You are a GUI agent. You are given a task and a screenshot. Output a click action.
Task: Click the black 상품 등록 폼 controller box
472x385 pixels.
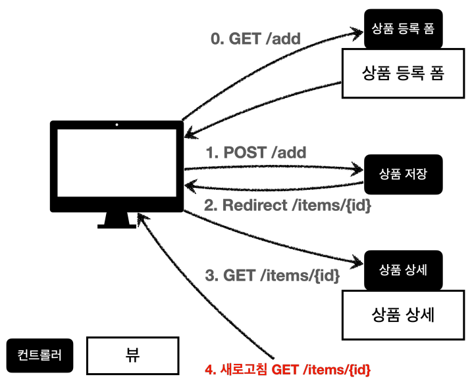click(x=402, y=29)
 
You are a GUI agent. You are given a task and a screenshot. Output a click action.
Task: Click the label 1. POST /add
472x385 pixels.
click(x=256, y=153)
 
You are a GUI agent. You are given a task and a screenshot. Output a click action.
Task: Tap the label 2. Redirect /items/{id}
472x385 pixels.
click(x=287, y=205)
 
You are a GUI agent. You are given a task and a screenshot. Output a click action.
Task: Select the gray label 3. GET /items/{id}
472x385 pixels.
click(x=272, y=276)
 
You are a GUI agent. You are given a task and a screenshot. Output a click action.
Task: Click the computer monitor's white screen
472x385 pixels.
click(x=117, y=167)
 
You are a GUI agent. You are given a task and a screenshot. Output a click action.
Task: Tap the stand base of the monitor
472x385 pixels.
click(x=117, y=225)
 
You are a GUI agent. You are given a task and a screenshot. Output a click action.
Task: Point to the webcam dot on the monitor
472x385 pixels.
click(x=117, y=124)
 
